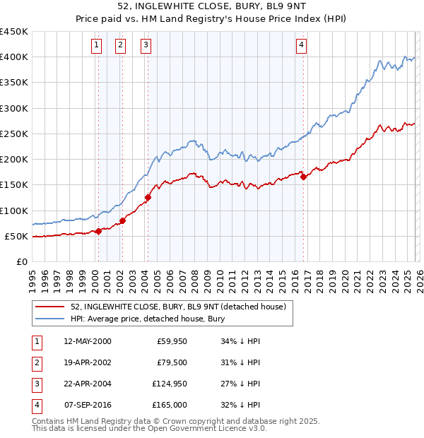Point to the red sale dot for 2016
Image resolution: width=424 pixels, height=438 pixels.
coord(303,177)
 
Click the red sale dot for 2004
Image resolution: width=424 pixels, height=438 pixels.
coord(148,197)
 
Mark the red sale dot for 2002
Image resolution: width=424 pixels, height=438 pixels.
coord(122,220)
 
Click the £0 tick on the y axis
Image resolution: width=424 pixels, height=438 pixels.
coord(22,261)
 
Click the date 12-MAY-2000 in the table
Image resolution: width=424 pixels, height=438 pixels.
coord(88,342)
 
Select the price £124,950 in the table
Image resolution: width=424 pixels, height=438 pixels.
coord(169,384)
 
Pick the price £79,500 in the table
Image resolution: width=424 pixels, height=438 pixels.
coord(172,363)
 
